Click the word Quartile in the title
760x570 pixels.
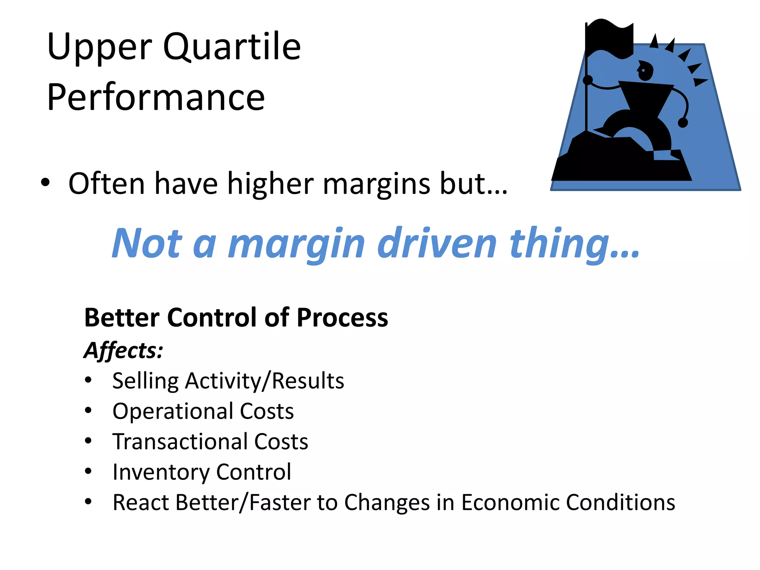click(x=232, y=47)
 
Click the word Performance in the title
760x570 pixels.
click(x=156, y=97)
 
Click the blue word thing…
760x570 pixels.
click(x=574, y=244)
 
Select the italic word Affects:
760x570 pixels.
click(x=123, y=350)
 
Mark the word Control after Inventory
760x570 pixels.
click(x=253, y=472)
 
